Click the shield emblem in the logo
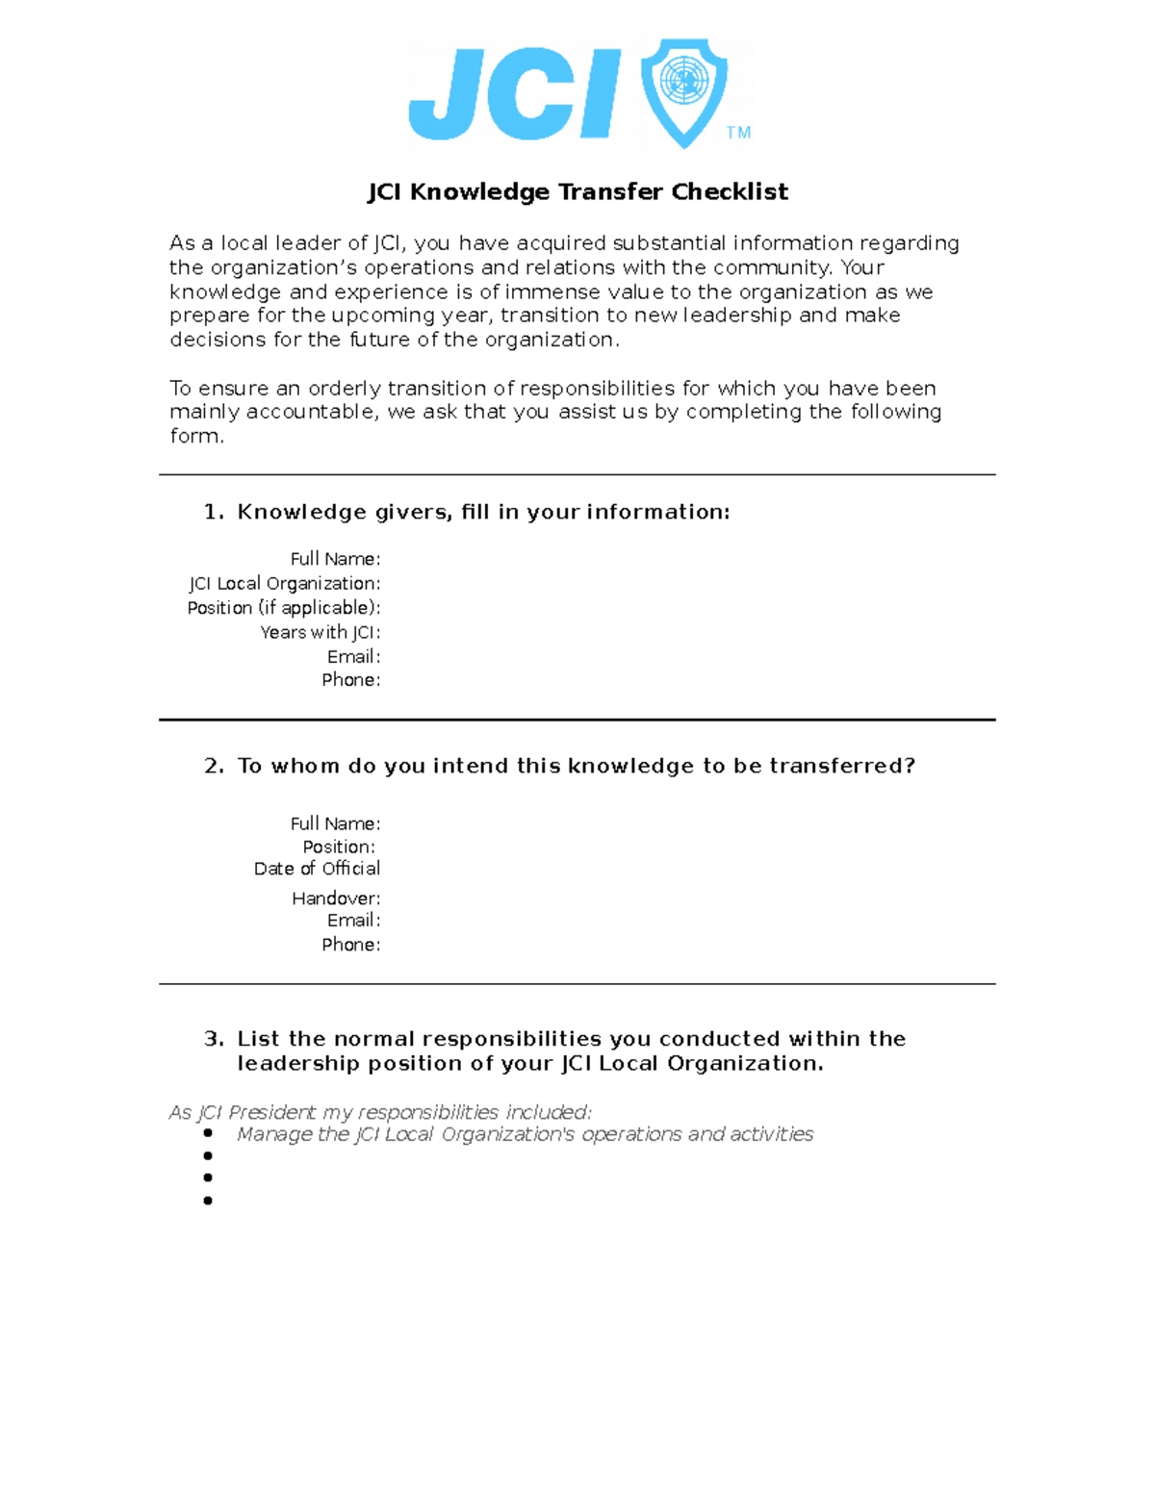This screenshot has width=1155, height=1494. click(684, 91)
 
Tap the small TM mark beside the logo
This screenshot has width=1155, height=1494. click(738, 133)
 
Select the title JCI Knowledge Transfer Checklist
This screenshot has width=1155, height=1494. click(577, 192)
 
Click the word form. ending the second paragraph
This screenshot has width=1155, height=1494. click(196, 436)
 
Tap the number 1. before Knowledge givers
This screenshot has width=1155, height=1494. click(214, 512)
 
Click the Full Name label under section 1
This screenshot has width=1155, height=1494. click(335, 559)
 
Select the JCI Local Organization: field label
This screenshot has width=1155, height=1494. click(284, 584)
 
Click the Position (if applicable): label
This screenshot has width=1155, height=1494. click(284, 608)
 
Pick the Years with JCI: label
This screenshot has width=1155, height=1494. click(320, 632)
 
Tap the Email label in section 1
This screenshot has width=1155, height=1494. click(353, 657)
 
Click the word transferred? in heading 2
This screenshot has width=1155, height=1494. click(842, 766)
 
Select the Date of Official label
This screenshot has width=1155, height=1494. click(317, 869)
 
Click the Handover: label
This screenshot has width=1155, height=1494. click(336, 899)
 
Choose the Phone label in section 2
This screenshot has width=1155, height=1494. click(350, 945)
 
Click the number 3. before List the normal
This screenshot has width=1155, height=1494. click(214, 1039)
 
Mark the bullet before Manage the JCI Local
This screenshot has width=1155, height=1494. click(208, 1133)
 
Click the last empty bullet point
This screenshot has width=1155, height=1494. click(208, 1201)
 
